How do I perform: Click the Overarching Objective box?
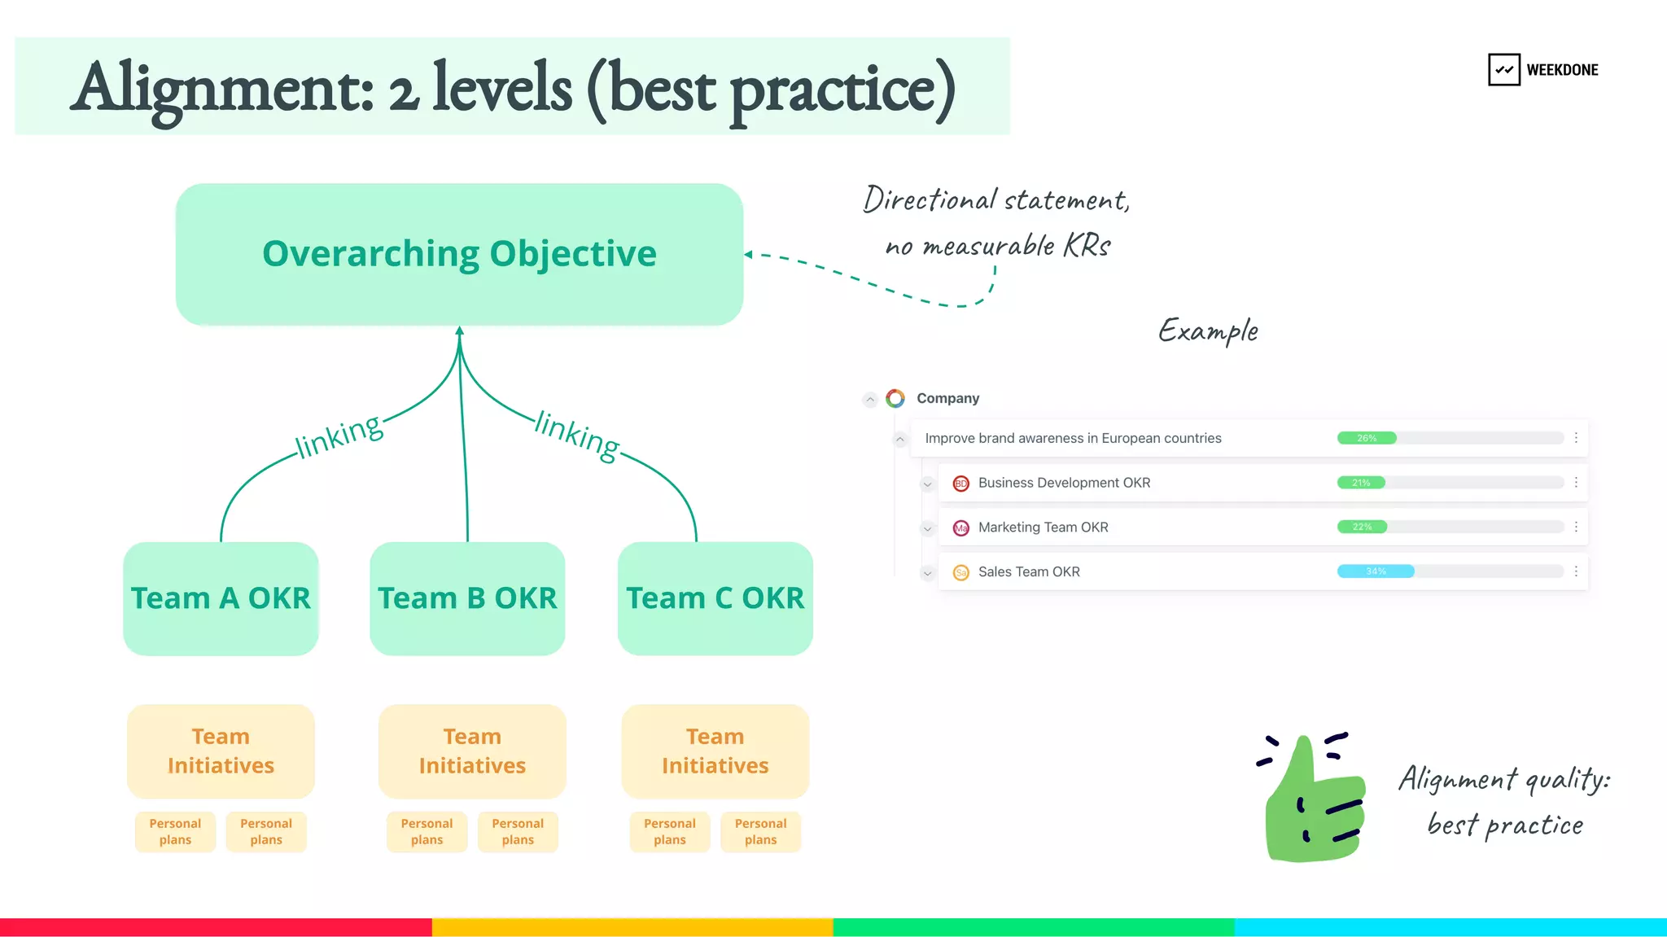pyautogui.click(x=459, y=254)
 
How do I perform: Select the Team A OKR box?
pyautogui.click(x=221, y=598)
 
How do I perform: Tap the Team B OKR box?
pyautogui.click(x=467, y=598)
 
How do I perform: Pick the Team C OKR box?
pyautogui.click(x=715, y=598)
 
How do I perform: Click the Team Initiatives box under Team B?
pyautogui.click(x=472, y=751)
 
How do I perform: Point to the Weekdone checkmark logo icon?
pyautogui.click(x=1503, y=70)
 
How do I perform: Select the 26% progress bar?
pyautogui.click(x=1367, y=438)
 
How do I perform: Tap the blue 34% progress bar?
pyautogui.click(x=1376, y=571)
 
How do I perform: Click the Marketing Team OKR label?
pyautogui.click(x=1043, y=528)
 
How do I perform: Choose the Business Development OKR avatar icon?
pyautogui.click(x=960, y=484)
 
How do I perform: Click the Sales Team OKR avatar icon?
pyautogui.click(x=960, y=572)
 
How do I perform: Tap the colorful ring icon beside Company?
pyautogui.click(x=895, y=398)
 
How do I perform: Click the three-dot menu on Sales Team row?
pyautogui.click(x=1576, y=571)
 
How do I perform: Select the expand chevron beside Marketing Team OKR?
pyautogui.click(x=927, y=528)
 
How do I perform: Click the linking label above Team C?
pyautogui.click(x=577, y=436)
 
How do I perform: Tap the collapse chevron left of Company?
pyautogui.click(x=870, y=399)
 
